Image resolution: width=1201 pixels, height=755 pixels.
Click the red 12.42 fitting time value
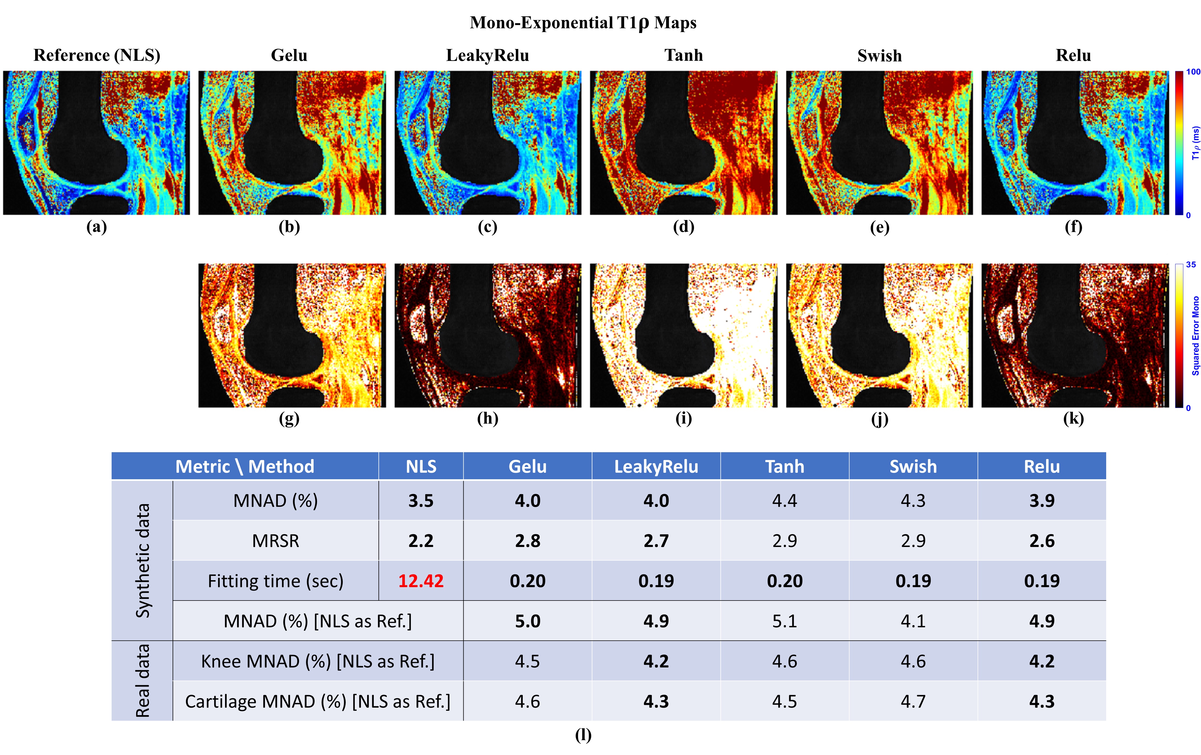tap(421, 581)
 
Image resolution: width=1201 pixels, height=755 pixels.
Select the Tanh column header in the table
tap(785, 466)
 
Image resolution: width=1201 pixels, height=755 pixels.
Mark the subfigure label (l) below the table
tap(583, 735)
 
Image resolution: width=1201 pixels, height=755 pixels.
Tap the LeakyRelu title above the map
tap(487, 55)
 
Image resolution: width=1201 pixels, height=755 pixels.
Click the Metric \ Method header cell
tap(245, 466)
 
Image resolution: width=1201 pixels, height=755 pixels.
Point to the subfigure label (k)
tap(1073, 419)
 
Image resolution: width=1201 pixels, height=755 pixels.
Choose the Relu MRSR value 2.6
tap(1042, 541)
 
